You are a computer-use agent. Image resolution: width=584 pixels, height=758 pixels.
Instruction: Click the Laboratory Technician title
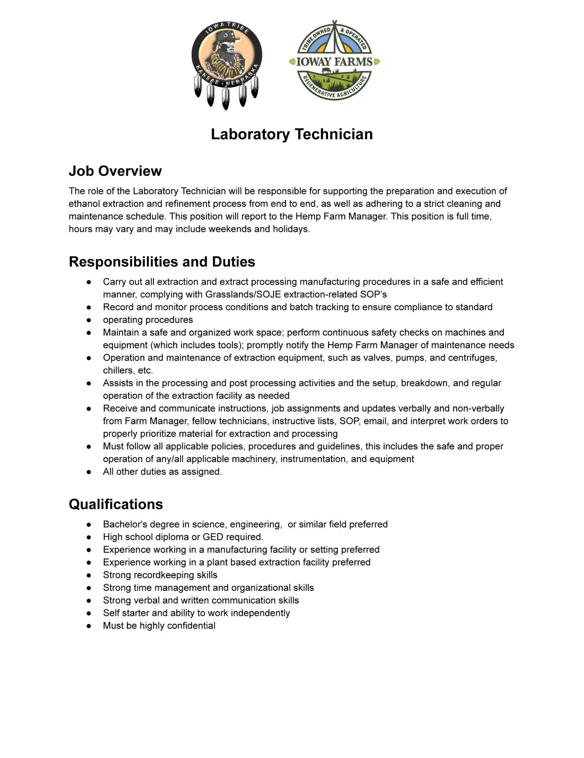(x=292, y=134)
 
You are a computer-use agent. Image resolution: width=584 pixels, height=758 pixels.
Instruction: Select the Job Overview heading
(x=115, y=171)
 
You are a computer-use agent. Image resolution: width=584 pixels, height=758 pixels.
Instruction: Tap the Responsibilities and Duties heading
(x=162, y=262)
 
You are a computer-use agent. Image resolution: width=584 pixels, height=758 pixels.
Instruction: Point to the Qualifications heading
(x=116, y=504)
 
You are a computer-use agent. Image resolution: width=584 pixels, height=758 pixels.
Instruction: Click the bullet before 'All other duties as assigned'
(x=89, y=472)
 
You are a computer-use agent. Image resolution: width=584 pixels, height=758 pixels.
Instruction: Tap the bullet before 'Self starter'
(x=89, y=613)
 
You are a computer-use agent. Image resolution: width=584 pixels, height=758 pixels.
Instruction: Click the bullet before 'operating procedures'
(x=89, y=320)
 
